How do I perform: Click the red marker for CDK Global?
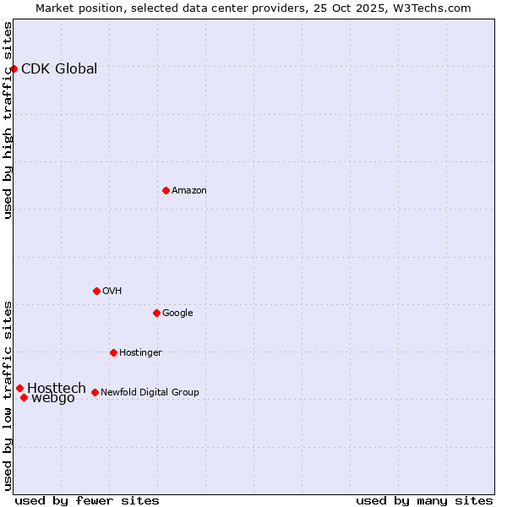pyautogui.click(x=14, y=68)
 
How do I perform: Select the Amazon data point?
pyautogui.click(x=166, y=190)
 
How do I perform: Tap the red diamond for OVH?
pyautogui.click(x=96, y=291)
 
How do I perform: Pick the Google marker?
pyautogui.click(x=156, y=313)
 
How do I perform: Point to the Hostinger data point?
pyautogui.click(x=113, y=352)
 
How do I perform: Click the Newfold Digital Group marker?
pyautogui.click(x=95, y=392)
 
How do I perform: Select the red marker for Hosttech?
pyautogui.click(x=19, y=388)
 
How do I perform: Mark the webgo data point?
pyautogui.click(x=24, y=397)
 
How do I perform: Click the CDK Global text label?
pyautogui.click(x=59, y=69)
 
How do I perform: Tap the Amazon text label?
pyautogui.click(x=189, y=191)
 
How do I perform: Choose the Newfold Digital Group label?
pyautogui.click(x=150, y=392)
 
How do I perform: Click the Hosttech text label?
pyautogui.click(x=57, y=388)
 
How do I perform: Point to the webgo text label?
pyautogui.click(x=53, y=398)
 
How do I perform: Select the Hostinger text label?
pyautogui.click(x=140, y=352)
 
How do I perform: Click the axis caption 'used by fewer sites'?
pyautogui.click(x=87, y=500)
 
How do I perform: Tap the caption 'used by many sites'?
pyautogui.click(x=424, y=500)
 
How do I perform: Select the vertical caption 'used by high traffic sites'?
pyautogui.click(x=8, y=120)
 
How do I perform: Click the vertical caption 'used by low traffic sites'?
pyautogui.click(x=8, y=395)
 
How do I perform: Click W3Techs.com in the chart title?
pyautogui.click(x=432, y=8)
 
